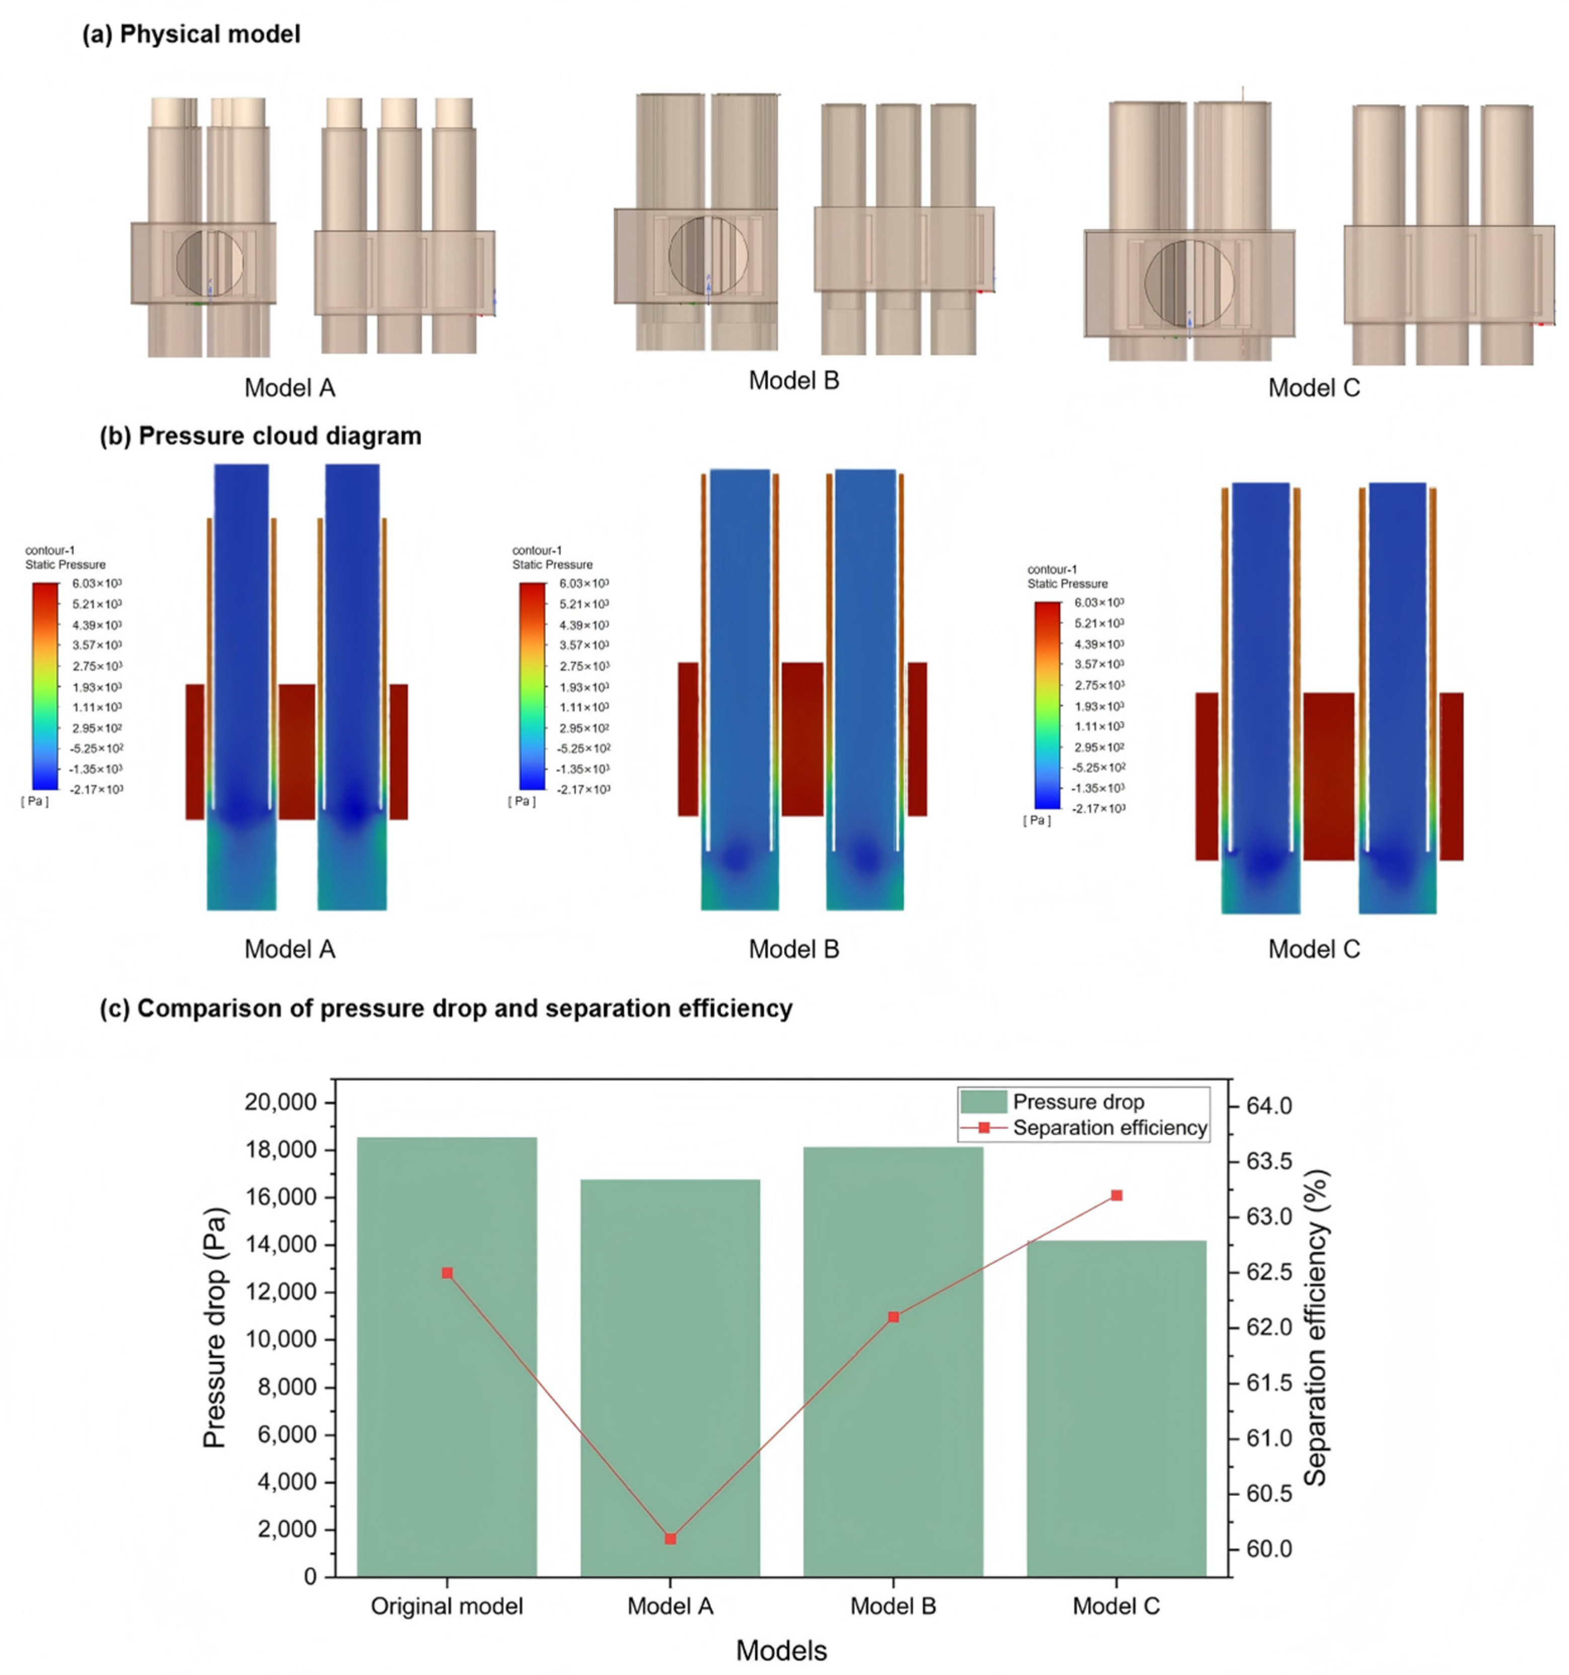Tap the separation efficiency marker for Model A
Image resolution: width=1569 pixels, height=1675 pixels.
click(671, 1539)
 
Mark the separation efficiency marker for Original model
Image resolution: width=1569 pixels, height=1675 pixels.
click(447, 1273)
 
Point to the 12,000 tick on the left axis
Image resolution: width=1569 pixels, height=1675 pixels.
click(281, 1293)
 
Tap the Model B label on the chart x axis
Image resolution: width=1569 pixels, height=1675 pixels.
click(893, 1607)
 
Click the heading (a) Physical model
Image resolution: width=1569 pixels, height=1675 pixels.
click(191, 35)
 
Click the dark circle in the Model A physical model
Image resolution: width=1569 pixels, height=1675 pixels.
click(210, 264)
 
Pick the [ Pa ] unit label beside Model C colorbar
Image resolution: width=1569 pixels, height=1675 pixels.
click(1037, 820)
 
